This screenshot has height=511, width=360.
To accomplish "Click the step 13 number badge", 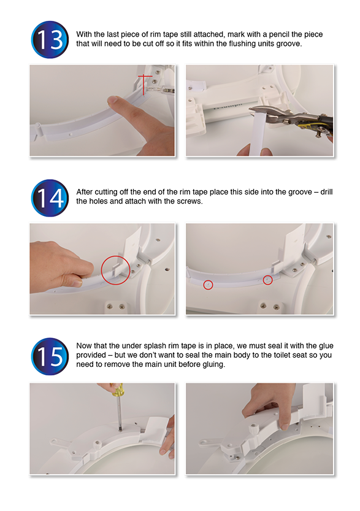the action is pyautogui.click(x=50, y=40).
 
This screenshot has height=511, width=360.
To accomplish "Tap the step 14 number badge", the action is pyautogui.click(x=50, y=198).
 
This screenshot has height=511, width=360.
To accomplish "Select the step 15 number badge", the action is pyautogui.click(x=50, y=356).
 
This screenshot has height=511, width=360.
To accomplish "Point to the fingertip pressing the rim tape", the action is pyautogui.click(x=113, y=101).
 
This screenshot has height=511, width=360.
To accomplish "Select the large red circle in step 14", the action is pyautogui.click(x=116, y=270).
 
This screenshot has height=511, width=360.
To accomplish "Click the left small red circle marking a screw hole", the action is pyautogui.click(x=208, y=285).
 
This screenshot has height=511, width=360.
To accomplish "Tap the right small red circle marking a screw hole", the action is pyautogui.click(x=268, y=280).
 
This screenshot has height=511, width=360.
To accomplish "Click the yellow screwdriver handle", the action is pyautogui.click(x=118, y=390).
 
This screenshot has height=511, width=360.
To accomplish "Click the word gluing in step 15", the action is pyautogui.click(x=214, y=364).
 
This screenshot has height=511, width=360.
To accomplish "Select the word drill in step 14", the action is pyautogui.click(x=326, y=192).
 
